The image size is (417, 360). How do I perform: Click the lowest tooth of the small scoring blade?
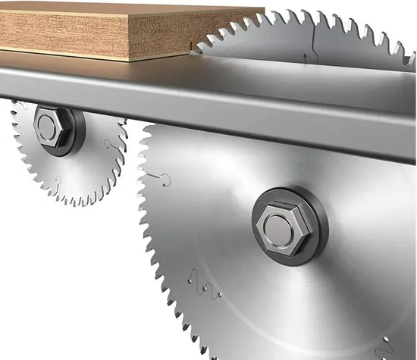pyautogui.click(x=76, y=205)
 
